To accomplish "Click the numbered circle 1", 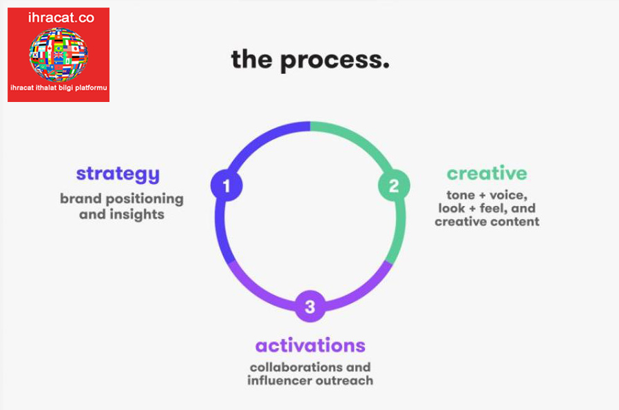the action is tap(227, 185).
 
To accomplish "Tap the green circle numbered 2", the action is tap(394, 185).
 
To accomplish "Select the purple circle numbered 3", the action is tap(311, 306).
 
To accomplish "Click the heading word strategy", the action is tap(118, 174).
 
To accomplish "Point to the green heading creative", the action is tap(487, 173).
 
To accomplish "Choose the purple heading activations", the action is tap(311, 346).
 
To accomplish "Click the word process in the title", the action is tap(335, 61).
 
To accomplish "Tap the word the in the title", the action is tap(252, 59).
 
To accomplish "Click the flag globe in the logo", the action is tap(59, 54).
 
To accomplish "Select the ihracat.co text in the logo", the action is tap(61, 18).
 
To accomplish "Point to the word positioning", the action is tap(145, 199).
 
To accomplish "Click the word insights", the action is tap(137, 214).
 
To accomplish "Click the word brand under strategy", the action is tap(81, 198).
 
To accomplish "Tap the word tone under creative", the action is tap(461, 195).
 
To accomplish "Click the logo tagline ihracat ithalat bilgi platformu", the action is tap(59, 88).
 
